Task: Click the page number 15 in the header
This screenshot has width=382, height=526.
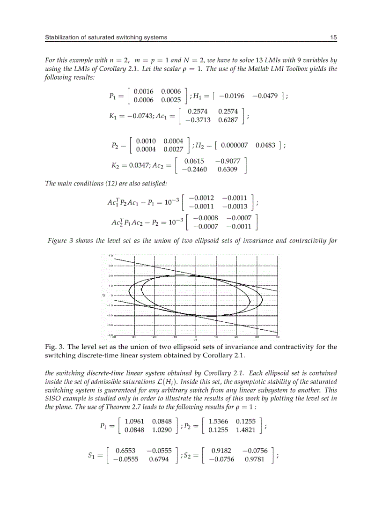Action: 334,37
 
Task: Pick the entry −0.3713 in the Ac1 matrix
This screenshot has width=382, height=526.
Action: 198,120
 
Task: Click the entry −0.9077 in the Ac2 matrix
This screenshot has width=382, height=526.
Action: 229,161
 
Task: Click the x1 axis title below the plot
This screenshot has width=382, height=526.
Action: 195,340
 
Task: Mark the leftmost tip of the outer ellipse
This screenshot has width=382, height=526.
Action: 129,292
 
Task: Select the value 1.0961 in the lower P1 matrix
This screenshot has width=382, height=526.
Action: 134,421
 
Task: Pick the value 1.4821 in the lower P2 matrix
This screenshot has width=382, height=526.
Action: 246,429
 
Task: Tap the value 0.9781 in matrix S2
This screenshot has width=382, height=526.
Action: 255,459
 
